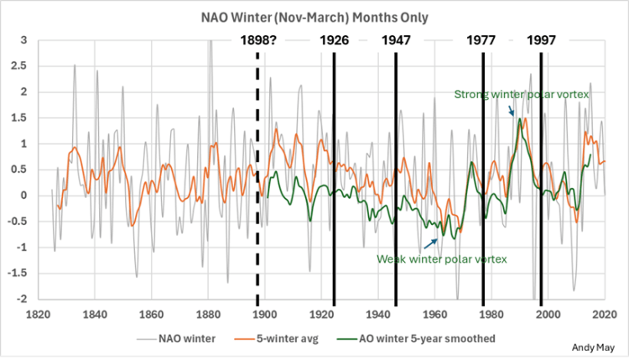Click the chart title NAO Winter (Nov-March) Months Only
pos(314,17)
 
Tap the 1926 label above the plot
pos(334,40)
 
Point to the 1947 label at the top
pos(396,40)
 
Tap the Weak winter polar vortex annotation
pos(442,259)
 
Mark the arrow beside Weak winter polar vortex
pos(433,243)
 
